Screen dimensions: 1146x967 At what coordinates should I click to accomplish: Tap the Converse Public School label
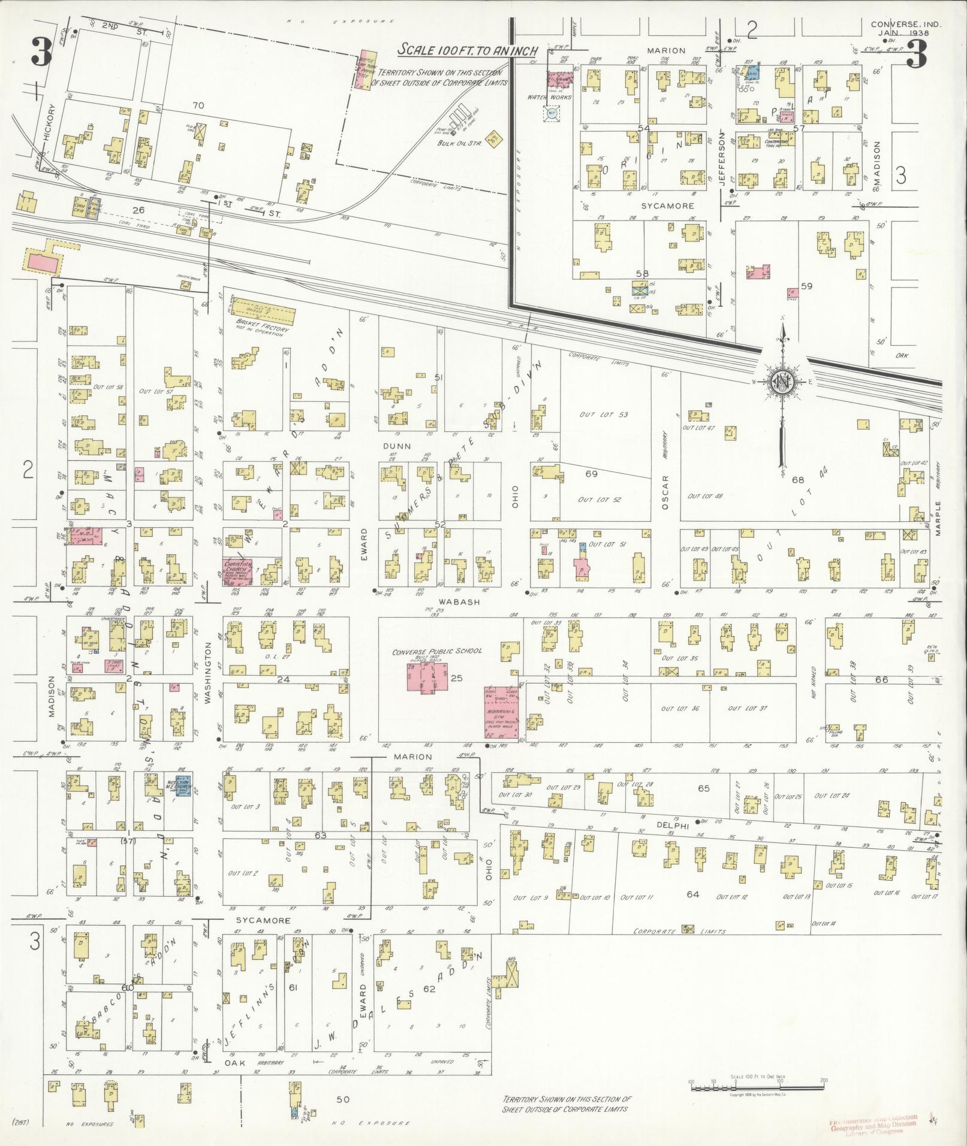click(x=436, y=651)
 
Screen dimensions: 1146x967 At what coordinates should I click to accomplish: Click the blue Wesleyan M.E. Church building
click(x=183, y=783)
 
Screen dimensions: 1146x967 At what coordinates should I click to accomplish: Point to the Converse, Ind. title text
click(x=898, y=25)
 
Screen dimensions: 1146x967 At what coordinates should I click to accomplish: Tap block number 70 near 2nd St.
click(x=198, y=105)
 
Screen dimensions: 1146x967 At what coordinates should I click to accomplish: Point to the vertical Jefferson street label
click(x=722, y=158)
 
